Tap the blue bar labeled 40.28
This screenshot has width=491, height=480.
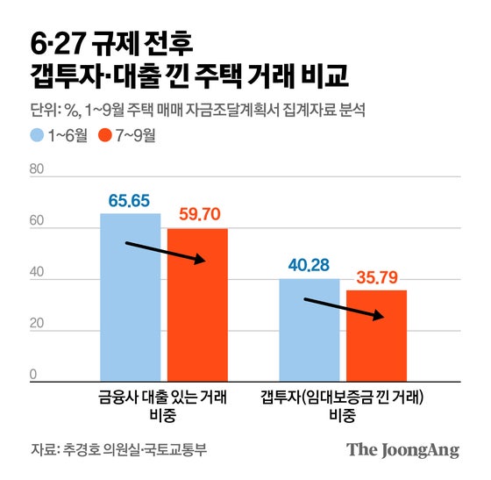coord(310,329)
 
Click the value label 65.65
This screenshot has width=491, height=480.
coord(130,201)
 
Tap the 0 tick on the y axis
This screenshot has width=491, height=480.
coord(34,376)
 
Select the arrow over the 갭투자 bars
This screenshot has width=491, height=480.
coord(345,308)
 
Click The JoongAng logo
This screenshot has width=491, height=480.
coord(402,450)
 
